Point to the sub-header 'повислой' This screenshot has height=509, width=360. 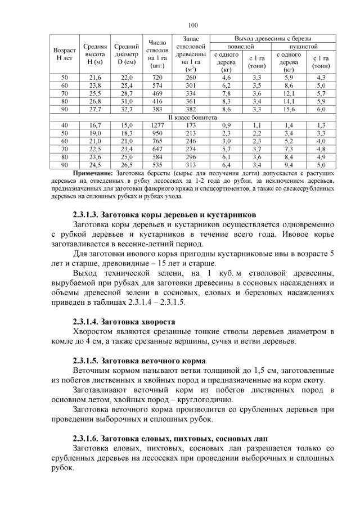[x=242, y=46]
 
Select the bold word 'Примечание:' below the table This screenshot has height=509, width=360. [x=93, y=174]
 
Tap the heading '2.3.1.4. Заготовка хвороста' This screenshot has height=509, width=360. [x=124, y=322]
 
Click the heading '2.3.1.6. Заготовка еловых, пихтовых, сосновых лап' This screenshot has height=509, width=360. [x=171, y=438]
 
